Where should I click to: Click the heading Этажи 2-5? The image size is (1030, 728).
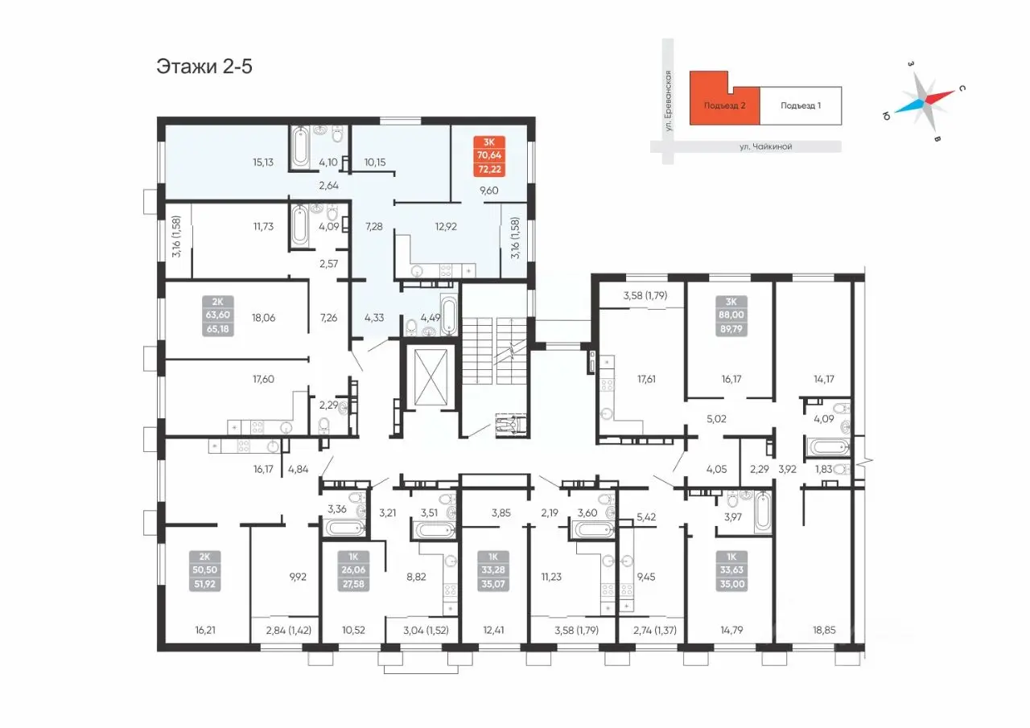pos(204,67)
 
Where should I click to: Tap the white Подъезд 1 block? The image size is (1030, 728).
pos(801,105)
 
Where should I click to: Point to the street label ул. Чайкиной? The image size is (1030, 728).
pos(765,146)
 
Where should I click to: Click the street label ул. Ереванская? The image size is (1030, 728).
pos(668,101)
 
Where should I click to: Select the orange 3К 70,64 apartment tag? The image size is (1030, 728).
pos(489,156)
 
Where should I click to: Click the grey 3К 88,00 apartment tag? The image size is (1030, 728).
pos(731,316)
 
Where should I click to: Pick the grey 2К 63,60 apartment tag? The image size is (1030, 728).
pos(217,316)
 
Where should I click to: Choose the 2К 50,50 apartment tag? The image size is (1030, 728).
pos(204,570)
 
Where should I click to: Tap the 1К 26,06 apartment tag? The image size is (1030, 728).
pos(353,570)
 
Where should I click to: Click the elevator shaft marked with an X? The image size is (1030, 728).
pos(431,377)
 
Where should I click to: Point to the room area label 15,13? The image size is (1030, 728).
pos(263,162)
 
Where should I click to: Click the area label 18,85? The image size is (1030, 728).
pos(823,630)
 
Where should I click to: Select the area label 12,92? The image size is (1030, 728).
pos(446,227)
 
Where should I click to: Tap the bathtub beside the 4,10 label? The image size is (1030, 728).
pos(301,147)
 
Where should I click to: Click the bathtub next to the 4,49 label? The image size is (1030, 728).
pos(449,315)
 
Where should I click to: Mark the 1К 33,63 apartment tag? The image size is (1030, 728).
pos(731,570)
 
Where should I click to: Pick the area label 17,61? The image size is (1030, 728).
pos(646,379)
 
